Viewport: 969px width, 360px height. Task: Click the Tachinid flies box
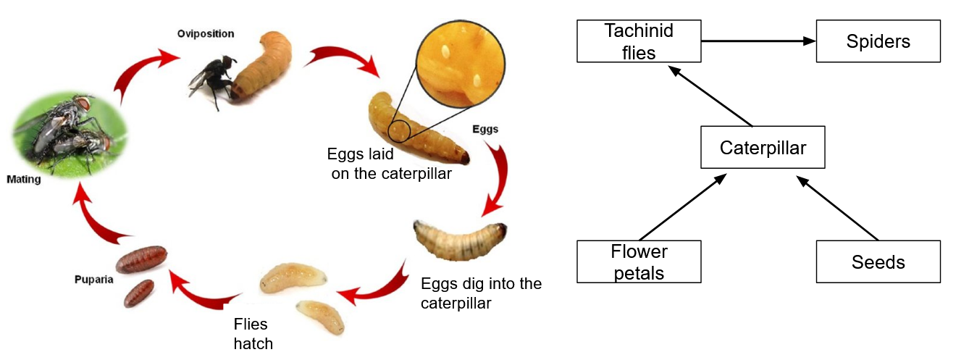[x=639, y=41]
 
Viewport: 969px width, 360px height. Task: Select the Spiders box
[x=878, y=41]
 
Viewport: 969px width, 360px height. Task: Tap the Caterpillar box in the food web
[x=763, y=147]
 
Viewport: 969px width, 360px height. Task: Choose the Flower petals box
[x=639, y=261]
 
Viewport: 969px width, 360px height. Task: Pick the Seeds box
[x=878, y=261]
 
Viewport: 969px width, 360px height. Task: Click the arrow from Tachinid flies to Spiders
[x=759, y=41]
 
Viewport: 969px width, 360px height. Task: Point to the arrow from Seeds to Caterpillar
[x=837, y=208]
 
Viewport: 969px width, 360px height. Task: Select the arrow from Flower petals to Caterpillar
[x=683, y=207]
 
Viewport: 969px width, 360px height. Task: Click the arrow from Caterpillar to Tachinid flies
[x=710, y=96]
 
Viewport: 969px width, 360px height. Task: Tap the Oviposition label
[x=206, y=34]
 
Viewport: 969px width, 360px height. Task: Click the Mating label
[x=24, y=179]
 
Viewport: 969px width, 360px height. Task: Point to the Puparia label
[x=94, y=280]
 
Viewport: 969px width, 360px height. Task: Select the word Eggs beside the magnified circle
[x=485, y=129]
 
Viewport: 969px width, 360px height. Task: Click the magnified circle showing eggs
[x=461, y=64]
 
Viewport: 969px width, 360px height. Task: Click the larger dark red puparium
[x=141, y=259]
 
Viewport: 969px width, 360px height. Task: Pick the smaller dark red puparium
[x=139, y=293]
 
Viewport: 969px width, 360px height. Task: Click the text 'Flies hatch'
[x=253, y=334]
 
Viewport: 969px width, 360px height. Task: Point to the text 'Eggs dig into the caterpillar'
[x=481, y=293]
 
